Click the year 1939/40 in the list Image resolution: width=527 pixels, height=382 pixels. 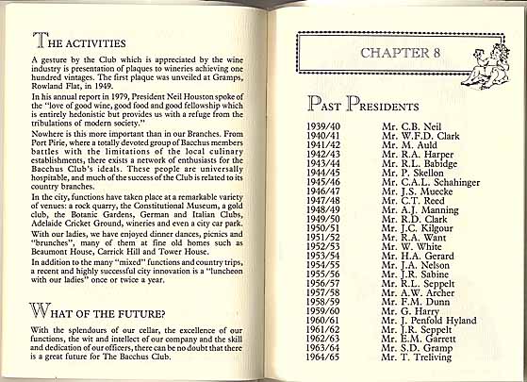(x=325, y=124)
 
